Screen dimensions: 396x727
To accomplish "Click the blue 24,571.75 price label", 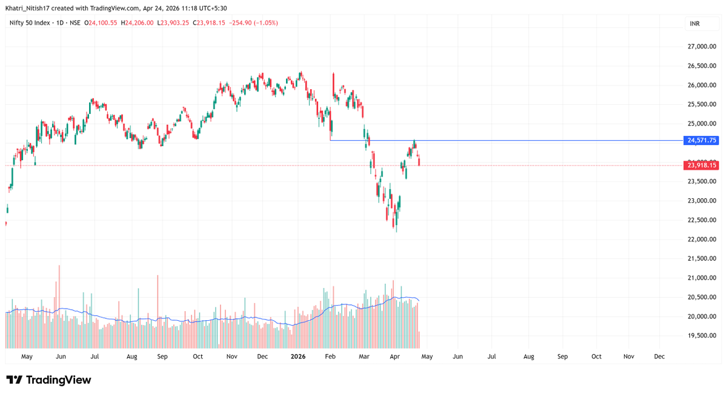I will point(701,140).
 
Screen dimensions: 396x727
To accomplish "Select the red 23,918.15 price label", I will point(701,165).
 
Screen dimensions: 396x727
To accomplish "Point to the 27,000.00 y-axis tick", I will point(702,47).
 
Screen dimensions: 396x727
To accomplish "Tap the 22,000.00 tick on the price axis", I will point(702,239).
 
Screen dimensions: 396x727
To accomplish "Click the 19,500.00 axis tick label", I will point(702,335).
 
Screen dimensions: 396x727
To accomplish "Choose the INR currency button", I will point(695,24).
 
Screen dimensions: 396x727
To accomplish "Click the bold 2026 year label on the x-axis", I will point(297,357).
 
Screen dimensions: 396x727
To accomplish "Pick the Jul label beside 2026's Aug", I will point(491,357).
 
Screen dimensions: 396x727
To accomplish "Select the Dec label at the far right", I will point(659,357).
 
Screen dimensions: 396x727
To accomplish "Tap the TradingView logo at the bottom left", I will point(48,380).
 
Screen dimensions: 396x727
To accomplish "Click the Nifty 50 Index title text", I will point(29,23).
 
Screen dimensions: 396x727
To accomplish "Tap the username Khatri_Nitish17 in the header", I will point(28,8).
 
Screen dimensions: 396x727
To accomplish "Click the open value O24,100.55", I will point(102,23).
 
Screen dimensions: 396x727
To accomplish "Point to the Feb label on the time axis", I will point(330,357).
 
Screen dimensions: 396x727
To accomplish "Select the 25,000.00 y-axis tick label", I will point(702,124).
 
